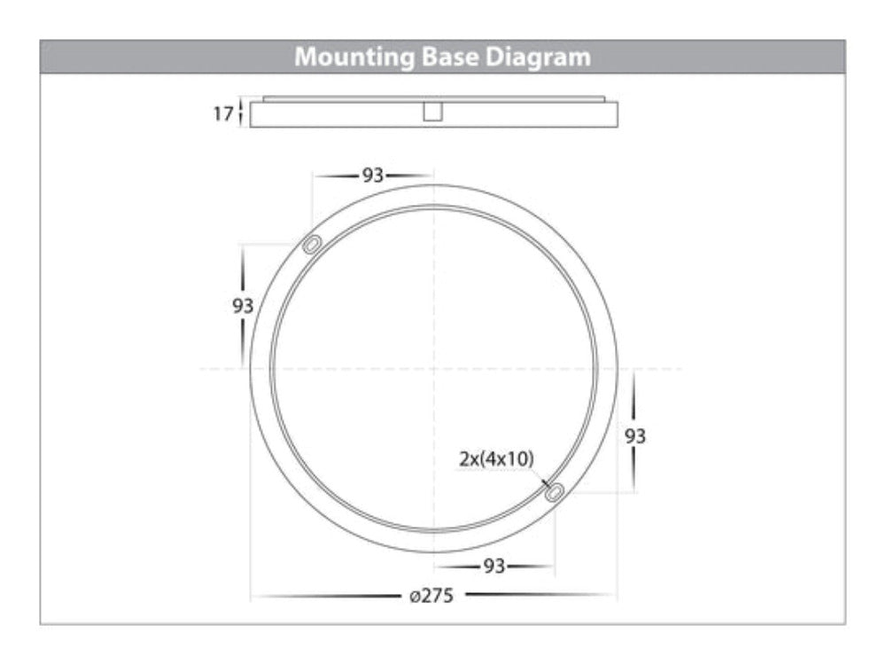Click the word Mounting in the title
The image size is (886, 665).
coord(354,58)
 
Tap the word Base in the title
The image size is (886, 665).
coord(450,57)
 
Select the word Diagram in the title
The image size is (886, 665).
coord(538,58)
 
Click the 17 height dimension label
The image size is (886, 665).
coord(222,113)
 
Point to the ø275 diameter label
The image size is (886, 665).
coord(431,596)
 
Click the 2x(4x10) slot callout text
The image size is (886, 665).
coord(496,458)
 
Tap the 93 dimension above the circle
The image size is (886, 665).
coord(373,176)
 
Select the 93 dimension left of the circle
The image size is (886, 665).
coord(243,306)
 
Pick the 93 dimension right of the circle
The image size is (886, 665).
coord(635,436)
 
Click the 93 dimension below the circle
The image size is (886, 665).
coord(494,566)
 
